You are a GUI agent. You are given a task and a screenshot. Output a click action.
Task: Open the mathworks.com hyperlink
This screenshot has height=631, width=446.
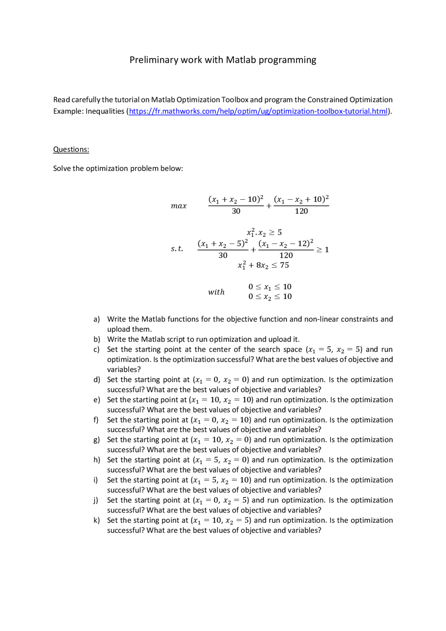pyautogui.click(x=258, y=111)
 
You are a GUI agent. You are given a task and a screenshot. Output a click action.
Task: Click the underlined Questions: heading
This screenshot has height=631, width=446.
pyautogui.click(x=71, y=149)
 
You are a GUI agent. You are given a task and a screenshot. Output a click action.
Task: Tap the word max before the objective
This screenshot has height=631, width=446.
pyautogui.click(x=179, y=206)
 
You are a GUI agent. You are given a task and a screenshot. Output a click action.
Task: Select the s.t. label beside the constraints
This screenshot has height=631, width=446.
pyautogui.click(x=177, y=249)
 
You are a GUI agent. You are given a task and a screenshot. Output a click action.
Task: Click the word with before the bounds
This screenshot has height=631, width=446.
pyautogui.click(x=216, y=292)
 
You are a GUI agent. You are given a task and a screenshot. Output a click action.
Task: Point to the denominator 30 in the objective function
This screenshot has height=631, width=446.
pyautogui.click(x=236, y=211)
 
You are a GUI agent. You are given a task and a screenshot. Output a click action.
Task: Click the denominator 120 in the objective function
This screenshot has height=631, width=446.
pyautogui.click(x=301, y=211)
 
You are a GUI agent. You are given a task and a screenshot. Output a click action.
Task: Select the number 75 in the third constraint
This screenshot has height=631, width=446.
pyautogui.click(x=284, y=265)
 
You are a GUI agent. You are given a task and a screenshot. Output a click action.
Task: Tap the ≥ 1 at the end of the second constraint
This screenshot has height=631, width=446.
pyautogui.click(x=322, y=249)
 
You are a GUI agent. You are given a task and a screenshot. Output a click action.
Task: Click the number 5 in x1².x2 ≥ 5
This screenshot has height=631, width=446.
pyautogui.click(x=279, y=232)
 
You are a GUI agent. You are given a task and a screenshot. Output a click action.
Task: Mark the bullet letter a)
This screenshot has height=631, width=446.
pyautogui.click(x=97, y=319)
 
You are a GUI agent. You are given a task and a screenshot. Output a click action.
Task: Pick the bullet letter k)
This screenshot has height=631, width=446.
pyautogui.click(x=97, y=520)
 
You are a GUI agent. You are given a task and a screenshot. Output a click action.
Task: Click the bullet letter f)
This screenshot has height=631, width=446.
pyautogui.click(x=96, y=420)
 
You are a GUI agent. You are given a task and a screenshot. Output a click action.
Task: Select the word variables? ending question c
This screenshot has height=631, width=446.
pyautogui.click(x=124, y=369)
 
